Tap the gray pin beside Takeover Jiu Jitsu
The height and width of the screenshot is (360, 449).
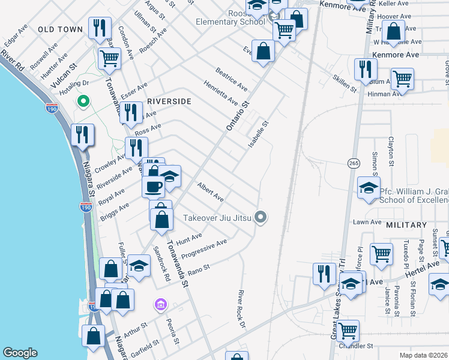coord(261,217)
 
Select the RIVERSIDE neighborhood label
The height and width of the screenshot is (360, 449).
coord(169,101)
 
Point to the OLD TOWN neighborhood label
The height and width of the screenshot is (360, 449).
coord(60,29)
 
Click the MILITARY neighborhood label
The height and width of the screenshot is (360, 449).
coord(406,224)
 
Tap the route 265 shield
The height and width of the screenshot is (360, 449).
coord(352,163)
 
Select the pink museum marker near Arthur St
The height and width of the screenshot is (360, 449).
coord(160,305)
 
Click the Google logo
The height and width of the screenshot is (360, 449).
coord(20,353)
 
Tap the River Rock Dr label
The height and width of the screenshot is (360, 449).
coord(243,309)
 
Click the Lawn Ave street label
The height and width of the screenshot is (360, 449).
coord(367,222)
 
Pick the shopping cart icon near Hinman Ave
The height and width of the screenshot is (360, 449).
coord(402,78)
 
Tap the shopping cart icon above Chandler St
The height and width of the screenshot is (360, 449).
coord(348,330)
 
